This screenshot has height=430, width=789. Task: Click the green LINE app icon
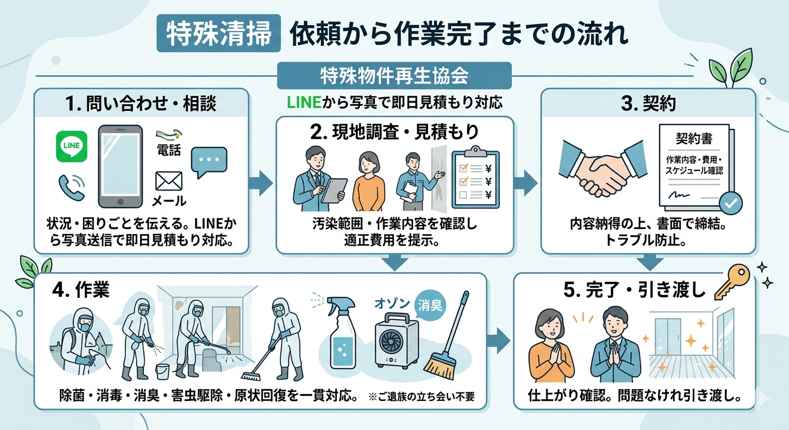(72, 146)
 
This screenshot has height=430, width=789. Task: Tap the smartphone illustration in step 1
(120, 166)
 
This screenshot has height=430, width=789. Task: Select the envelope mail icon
(169, 181)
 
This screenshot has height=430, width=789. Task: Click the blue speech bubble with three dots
(209, 161)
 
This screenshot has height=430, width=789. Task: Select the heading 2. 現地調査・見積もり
(395, 132)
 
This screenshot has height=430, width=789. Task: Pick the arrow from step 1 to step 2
(260, 183)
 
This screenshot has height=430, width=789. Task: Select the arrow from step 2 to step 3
(525, 183)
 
